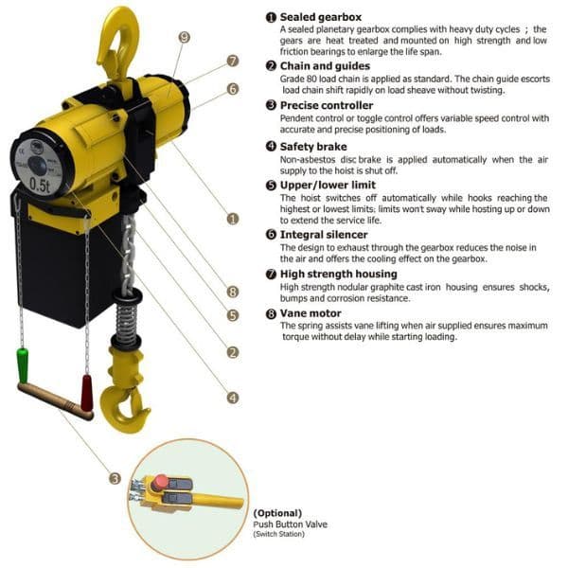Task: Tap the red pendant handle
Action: tap(87, 387)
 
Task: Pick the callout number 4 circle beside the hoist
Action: tap(233, 398)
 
